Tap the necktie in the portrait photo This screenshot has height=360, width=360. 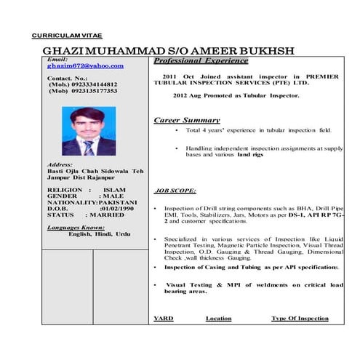[x=89, y=148]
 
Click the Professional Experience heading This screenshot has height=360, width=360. [x=201, y=60]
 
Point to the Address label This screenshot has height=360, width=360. [x=59, y=165]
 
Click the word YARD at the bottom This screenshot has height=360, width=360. [x=164, y=318]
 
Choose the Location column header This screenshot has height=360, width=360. [x=218, y=318]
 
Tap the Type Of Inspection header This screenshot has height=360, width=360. [x=300, y=318]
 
